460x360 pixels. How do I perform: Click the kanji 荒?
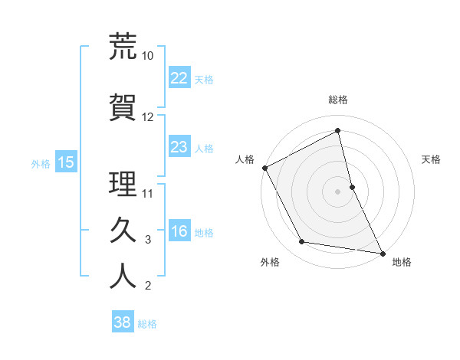coord(123,47)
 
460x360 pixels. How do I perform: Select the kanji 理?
coord(123,183)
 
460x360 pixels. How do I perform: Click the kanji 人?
coord(123,276)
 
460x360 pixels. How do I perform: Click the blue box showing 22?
coord(179,77)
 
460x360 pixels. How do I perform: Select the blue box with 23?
coord(179,147)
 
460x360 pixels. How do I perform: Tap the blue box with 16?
coord(179,231)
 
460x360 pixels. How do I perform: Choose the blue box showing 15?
coord(65,162)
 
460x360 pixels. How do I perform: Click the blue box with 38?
coord(123,322)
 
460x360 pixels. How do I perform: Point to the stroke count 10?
coord(148,56)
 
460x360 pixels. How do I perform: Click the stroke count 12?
coord(148,117)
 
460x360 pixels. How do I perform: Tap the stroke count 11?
coord(148,193)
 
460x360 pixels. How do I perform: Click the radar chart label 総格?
coord(338,100)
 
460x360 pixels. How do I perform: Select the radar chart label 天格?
coord(432,159)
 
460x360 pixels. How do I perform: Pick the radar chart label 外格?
coord(270,263)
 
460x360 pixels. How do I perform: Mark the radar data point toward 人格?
coord(264,168)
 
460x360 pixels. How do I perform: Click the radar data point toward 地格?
coord(382,253)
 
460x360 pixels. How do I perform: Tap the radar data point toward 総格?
coord(338,131)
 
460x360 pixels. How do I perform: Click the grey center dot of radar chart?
coord(338,191)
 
